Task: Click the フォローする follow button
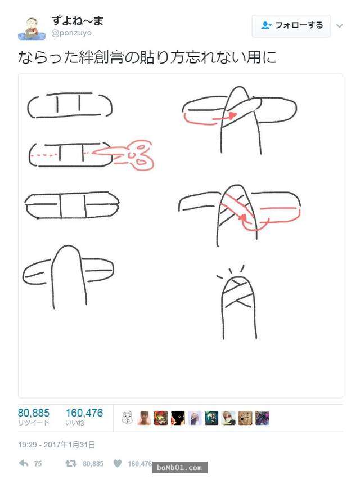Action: click(x=291, y=26)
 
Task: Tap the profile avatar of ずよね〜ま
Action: click(x=31, y=29)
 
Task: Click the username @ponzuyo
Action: click(x=71, y=33)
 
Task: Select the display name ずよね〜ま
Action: click(x=78, y=20)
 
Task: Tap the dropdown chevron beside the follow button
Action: click(x=340, y=26)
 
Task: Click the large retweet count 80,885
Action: click(x=34, y=413)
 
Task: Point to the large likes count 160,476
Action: click(x=84, y=413)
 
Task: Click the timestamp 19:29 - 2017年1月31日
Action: click(x=56, y=445)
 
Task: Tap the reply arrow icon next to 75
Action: click(x=24, y=463)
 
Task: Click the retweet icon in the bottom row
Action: click(x=71, y=464)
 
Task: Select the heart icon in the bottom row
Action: click(x=118, y=463)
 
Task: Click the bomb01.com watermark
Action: click(x=179, y=467)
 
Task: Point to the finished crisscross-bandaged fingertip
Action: click(x=238, y=293)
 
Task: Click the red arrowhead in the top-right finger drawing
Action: click(x=233, y=115)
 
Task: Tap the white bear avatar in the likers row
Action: click(x=127, y=418)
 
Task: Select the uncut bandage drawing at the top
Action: click(x=70, y=105)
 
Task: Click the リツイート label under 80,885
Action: click(x=34, y=423)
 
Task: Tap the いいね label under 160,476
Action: click(x=75, y=423)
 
